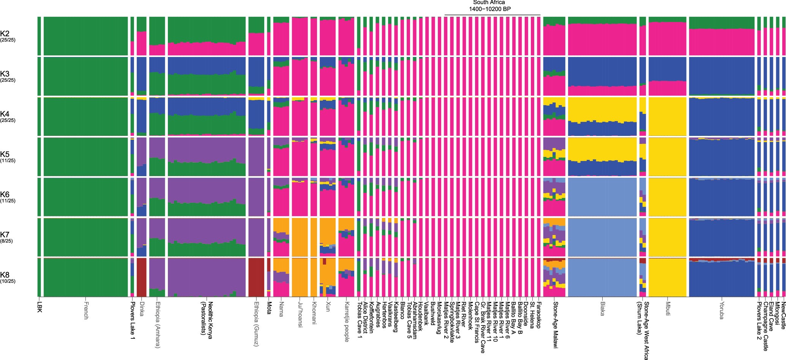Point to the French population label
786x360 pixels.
point(85,311)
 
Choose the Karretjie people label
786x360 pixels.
point(346,317)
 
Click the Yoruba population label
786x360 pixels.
point(721,309)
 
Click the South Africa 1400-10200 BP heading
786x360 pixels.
point(492,5)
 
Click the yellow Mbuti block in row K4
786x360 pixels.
point(667,116)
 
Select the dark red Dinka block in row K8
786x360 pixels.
point(141,277)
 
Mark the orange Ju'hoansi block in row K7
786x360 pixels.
point(300,237)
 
